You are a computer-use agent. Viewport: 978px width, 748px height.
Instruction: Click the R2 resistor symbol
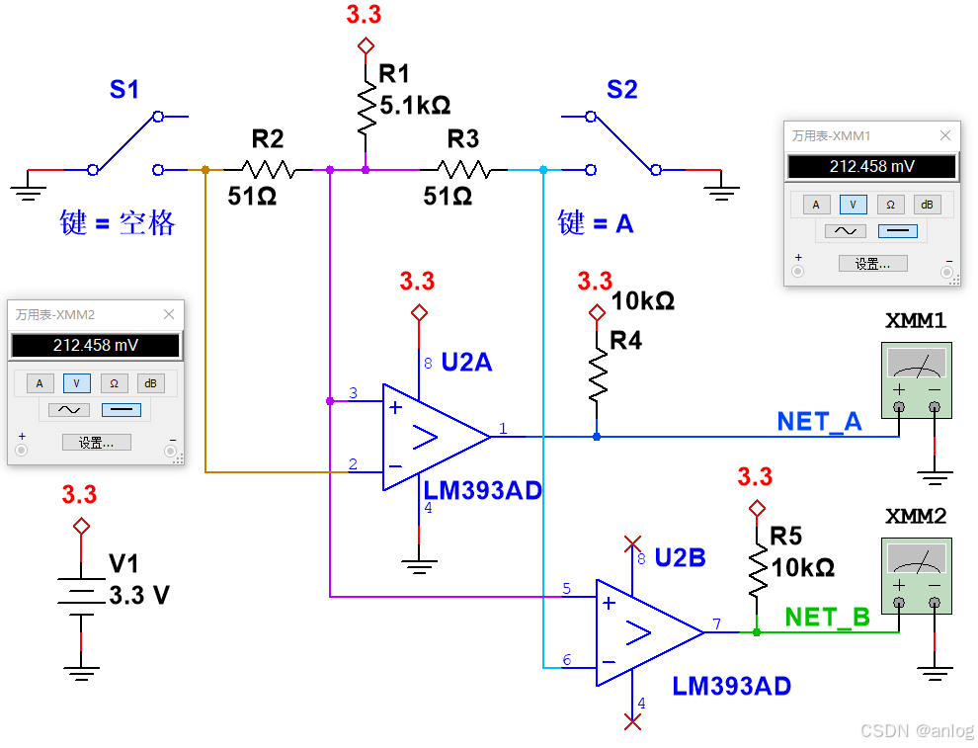tap(267, 169)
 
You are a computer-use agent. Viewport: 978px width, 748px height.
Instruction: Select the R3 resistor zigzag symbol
tap(462, 169)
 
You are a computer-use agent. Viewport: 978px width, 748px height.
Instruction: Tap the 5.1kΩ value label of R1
tap(415, 104)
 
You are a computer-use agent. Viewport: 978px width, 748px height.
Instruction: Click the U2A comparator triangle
tap(435, 436)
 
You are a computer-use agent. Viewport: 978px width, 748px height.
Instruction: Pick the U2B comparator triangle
tap(647, 632)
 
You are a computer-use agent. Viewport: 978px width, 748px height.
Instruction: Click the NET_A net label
tap(819, 422)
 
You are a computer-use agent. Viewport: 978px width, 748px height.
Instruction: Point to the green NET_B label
tap(827, 618)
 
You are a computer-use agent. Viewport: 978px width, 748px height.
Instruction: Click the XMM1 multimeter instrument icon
tap(916, 380)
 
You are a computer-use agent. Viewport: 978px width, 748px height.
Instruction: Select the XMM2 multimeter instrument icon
tap(916, 576)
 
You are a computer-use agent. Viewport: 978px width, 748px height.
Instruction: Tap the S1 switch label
tap(124, 91)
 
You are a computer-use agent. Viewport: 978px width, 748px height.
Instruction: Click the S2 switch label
tap(621, 91)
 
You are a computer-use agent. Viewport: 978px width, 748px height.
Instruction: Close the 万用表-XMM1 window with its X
tap(944, 135)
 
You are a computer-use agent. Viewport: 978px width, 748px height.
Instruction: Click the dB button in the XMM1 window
tap(926, 205)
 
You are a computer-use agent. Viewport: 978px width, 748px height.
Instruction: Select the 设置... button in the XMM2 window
tap(96, 443)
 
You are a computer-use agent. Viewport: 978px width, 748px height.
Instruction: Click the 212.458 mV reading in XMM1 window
tap(871, 167)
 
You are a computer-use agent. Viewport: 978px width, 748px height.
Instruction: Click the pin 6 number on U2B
tap(566, 659)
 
